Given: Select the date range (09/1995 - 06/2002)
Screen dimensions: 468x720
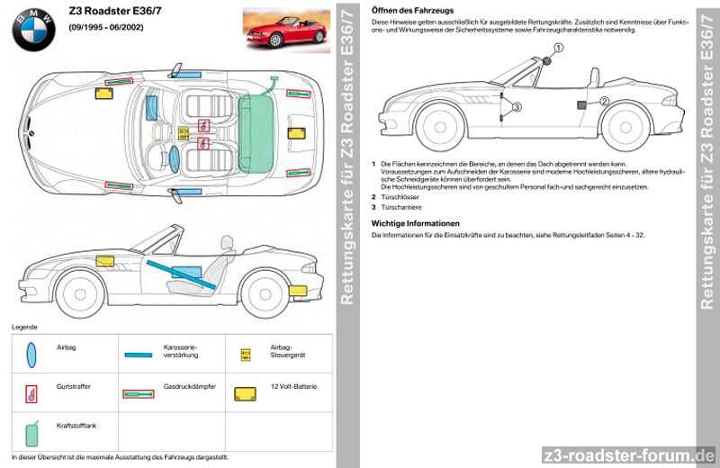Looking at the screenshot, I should click(x=105, y=28).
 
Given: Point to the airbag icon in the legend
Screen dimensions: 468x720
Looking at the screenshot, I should click(x=32, y=354).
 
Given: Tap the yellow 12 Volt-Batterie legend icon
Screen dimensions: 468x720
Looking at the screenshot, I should click(x=244, y=394).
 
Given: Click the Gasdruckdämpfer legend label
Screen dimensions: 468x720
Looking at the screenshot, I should click(x=189, y=386).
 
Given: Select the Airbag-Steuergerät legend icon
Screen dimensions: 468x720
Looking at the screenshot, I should click(x=244, y=355).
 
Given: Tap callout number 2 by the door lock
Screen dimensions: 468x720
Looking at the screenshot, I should click(x=605, y=101).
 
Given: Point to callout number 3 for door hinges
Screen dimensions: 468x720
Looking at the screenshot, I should click(x=516, y=106).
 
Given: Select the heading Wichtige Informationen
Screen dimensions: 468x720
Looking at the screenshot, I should click(x=415, y=222).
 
